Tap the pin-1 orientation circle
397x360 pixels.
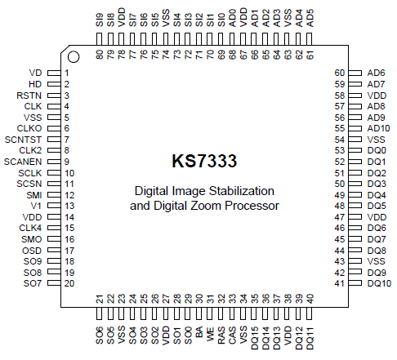73,57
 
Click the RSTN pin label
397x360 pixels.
29,96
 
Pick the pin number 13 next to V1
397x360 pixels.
70,206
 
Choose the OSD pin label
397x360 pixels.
32,250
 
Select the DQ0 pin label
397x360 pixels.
377,151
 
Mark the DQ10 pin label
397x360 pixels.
380,283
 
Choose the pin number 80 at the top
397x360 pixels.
99,54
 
